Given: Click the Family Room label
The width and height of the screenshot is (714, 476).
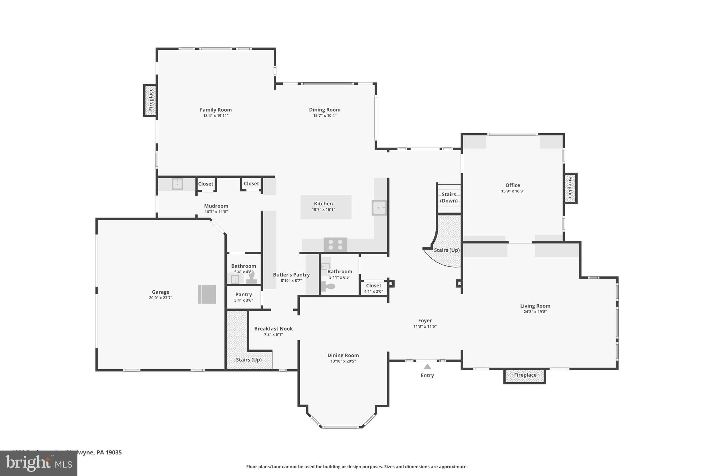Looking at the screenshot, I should point(215,110).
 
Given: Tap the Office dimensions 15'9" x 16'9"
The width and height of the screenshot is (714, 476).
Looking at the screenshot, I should point(512,191).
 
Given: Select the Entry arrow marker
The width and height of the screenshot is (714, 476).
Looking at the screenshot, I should point(427,367).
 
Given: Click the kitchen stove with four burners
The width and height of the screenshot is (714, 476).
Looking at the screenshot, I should point(335,244).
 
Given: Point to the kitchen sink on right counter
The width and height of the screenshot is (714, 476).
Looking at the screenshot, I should point(379,208).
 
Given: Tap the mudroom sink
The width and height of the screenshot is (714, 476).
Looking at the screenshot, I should point(177,184).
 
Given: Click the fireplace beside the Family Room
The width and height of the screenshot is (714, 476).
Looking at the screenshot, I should point(150,100).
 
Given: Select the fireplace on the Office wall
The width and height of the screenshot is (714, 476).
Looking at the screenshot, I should point(570,188).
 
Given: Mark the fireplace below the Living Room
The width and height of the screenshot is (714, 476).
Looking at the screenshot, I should point(525,376).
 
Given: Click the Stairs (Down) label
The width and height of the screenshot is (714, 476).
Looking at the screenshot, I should point(449,197).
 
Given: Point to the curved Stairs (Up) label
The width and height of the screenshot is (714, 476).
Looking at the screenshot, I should point(447,250).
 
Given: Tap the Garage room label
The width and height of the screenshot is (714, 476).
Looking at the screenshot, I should point(160,292).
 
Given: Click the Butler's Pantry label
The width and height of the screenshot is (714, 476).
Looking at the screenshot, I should point(291,275).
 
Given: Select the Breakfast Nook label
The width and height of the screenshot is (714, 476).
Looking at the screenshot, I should point(273,328).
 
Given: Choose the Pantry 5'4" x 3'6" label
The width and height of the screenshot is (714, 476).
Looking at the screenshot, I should point(243,297).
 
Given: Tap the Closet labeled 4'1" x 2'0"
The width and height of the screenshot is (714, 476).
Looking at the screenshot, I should point(373,288).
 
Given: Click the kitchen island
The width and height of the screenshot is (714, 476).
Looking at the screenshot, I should point(326,207).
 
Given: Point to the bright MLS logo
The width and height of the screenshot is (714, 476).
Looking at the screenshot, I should point(39,463).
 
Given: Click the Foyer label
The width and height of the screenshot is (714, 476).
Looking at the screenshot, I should point(425,320).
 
